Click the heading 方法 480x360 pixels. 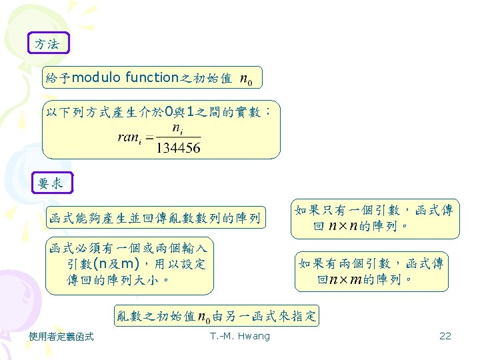tap(47, 45)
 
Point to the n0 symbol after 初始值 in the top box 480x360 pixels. tap(245, 80)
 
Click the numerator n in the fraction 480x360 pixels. tap(177, 127)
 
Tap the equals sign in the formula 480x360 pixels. tap(149, 138)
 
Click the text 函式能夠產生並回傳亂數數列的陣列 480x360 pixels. tap(154, 218)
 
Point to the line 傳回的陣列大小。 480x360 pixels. tap(121, 279)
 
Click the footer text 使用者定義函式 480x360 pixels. tap(61, 336)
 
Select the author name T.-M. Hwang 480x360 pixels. tap(239, 336)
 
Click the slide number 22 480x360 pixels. tap(445, 336)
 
